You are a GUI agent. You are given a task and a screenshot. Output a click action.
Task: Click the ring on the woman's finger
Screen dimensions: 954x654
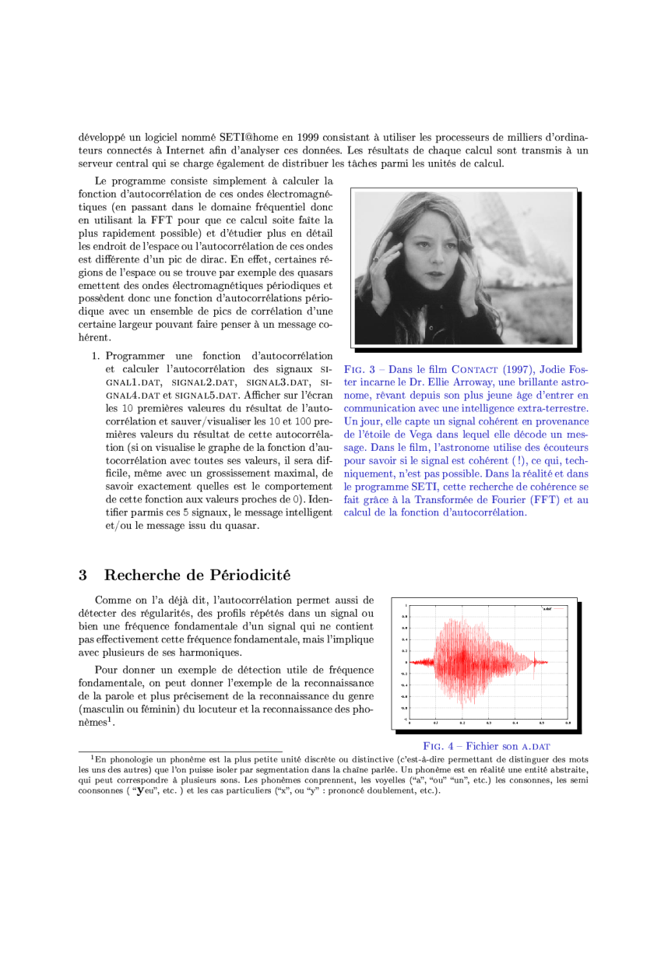376,258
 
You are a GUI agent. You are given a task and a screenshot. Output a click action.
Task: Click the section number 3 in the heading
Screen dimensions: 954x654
82,576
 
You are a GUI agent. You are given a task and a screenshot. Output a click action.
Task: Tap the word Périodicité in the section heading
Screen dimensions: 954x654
250,576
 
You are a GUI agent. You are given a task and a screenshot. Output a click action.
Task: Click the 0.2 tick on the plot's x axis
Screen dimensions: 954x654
462,723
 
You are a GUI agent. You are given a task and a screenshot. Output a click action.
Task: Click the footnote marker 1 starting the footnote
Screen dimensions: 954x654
93,755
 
